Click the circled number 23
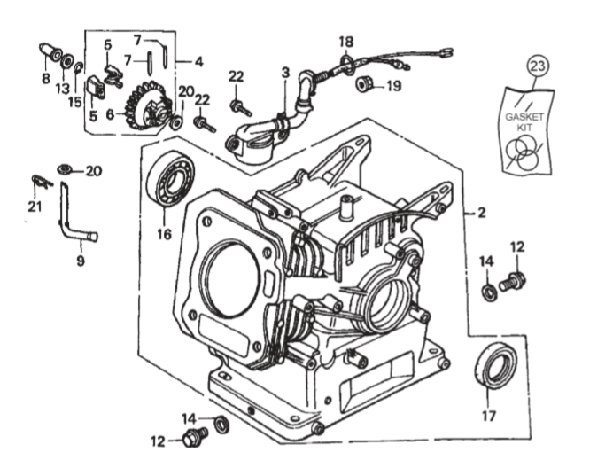538,65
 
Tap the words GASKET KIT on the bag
528,123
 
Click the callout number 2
481,213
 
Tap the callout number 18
345,42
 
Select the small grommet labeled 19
363,86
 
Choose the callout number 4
199,61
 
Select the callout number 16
163,234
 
